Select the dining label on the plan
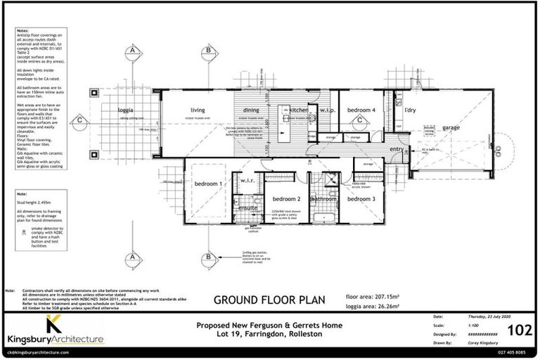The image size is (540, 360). [x=251, y=110]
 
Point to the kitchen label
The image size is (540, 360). [x=298, y=110]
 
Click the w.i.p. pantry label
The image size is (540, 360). [x=327, y=110]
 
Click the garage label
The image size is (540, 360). [x=451, y=127]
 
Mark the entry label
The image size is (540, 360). [x=397, y=149]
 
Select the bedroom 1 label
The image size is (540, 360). [x=208, y=184]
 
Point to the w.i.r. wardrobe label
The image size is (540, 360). [x=247, y=181]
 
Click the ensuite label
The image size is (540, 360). [x=248, y=208]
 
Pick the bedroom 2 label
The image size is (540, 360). [x=287, y=199]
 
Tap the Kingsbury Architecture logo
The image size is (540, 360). [x=55, y=332]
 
